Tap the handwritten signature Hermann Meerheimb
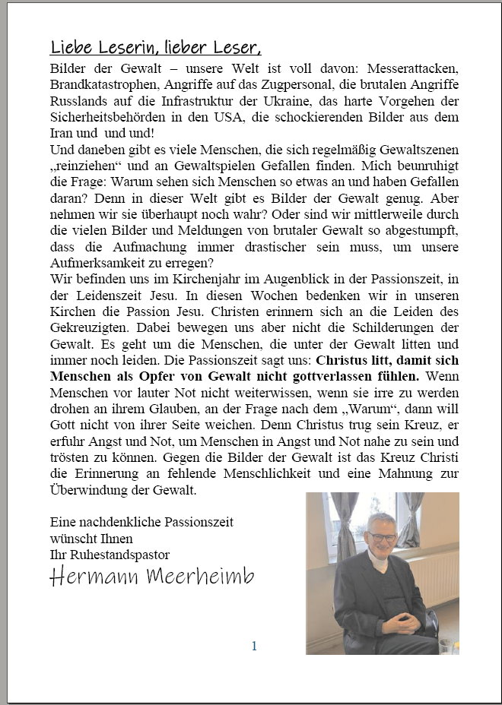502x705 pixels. tap(152, 578)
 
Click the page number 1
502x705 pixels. tap(254, 646)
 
